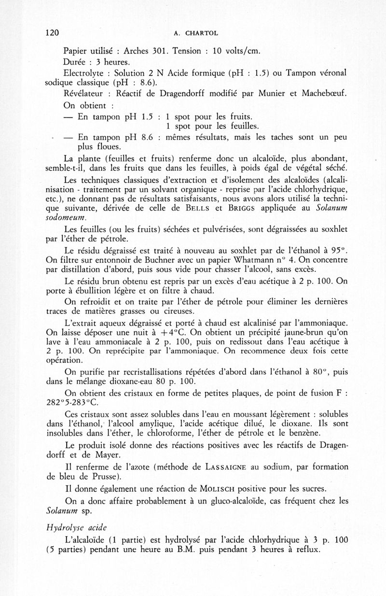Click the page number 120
click(51, 33)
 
